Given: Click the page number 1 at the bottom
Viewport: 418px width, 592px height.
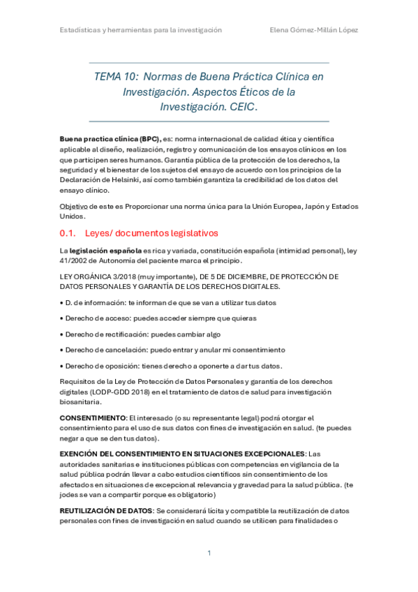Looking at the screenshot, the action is pyautogui.click(x=209, y=554).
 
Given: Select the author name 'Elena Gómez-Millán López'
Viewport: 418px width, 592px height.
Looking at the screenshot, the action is pyautogui.click(x=314, y=30).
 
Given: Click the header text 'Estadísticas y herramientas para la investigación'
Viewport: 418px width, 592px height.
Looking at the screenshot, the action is pyautogui.click(x=140, y=30).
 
